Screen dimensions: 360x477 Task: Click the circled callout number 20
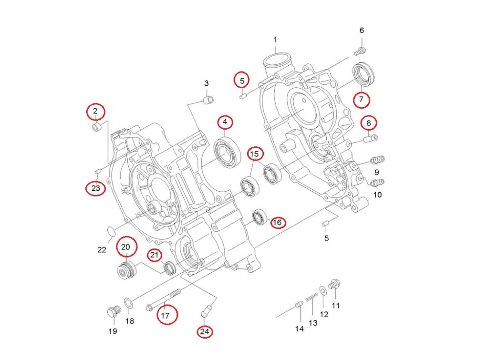tap(126, 247)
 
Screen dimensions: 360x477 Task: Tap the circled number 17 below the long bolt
tap(165, 315)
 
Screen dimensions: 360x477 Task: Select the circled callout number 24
tap(205, 331)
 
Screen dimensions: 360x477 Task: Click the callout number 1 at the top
tap(275, 39)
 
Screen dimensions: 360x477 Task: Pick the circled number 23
tap(96, 188)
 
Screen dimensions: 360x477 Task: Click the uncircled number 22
tap(102, 249)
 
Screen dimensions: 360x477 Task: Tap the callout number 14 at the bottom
tap(299, 329)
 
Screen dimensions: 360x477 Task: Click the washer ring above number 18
tap(128, 302)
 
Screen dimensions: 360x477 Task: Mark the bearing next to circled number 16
tap(259, 217)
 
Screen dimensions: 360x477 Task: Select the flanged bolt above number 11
tap(335, 285)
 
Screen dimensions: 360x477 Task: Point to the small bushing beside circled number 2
tap(96, 128)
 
